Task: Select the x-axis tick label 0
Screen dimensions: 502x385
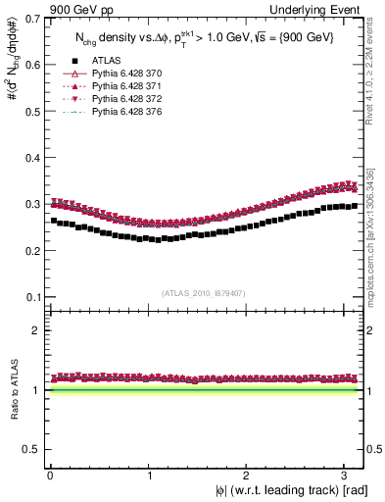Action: pyautogui.click(x=50, y=475)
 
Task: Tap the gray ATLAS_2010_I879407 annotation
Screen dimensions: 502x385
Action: pyautogui.click(x=204, y=291)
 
